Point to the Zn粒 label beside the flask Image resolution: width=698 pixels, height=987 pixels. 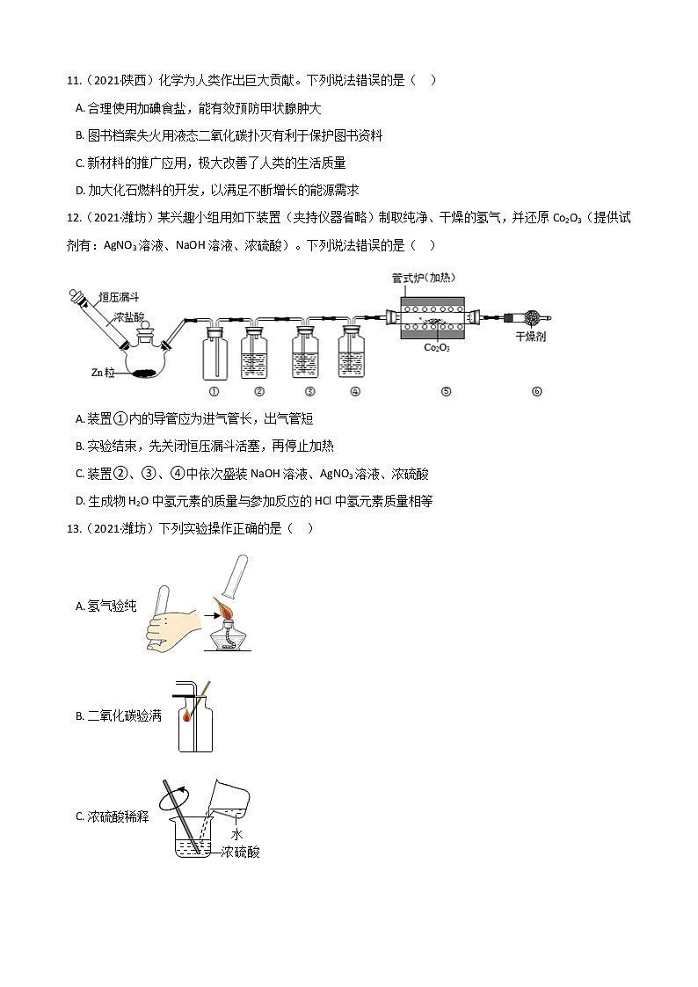pyautogui.click(x=103, y=373)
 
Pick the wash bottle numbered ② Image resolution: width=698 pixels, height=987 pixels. pyautogui.click(x=259, y=355)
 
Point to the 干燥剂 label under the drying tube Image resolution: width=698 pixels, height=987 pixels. pyautogui.click(x=531, y=337)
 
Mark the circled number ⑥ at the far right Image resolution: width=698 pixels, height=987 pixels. pyautogui.click(x=537, y=392)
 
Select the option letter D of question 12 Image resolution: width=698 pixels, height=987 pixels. pyautogui.click(x=80, y=501)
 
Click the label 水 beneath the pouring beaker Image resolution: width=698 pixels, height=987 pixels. pyautogui.click(x=236, y=833)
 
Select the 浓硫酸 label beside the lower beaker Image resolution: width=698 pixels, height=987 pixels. pyautogui.click(x=240, y=852)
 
